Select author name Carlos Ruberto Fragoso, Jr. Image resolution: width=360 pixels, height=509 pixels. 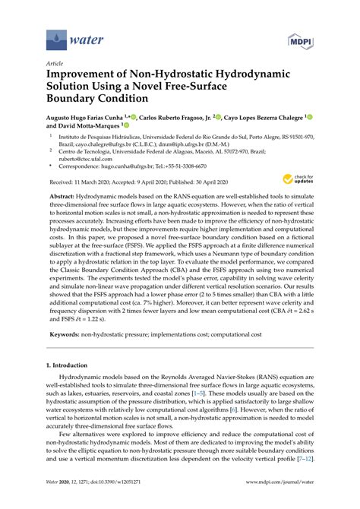(180, 119)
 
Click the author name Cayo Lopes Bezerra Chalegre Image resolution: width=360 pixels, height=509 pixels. (267, 119)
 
